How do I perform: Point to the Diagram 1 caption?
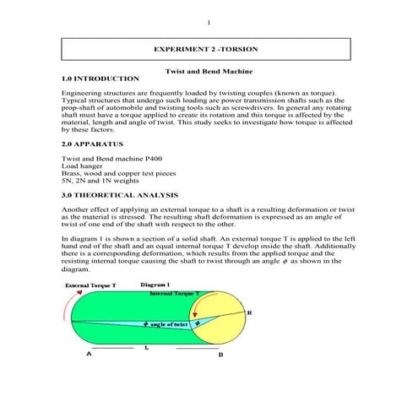point(157,286)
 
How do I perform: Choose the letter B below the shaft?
point(221,356)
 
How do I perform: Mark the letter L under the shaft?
point(147,347)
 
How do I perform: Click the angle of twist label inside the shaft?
point(167,323)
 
